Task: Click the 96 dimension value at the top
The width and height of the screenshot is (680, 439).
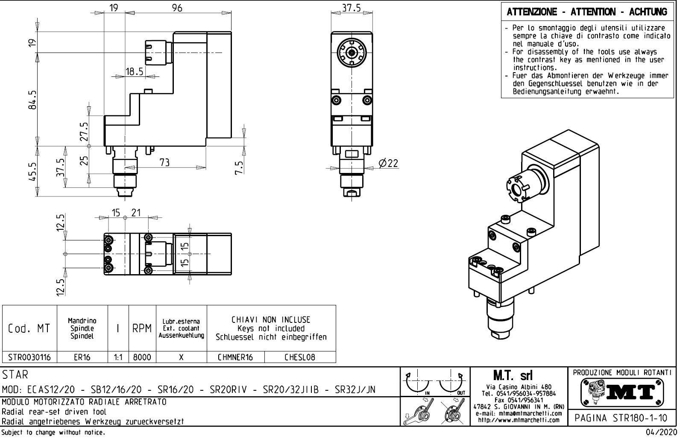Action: (x=177, y=7)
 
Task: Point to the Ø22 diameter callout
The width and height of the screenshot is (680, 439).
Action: (x=388, y=163)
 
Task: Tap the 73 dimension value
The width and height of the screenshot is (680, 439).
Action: (x=164, y=162)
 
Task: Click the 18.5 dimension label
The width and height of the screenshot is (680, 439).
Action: (x=134, y=71)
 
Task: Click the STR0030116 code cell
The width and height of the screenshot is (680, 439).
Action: (x=29, y=357)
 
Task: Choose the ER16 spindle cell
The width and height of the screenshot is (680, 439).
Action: (x=82, y=357)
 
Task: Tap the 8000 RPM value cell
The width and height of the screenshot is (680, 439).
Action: (x=142, y=357)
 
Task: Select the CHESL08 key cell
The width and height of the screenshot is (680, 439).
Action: (x=300, y=357)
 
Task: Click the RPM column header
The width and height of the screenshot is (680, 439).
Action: (x=142, y=328)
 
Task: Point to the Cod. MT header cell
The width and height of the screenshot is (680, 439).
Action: (x=29, y=328)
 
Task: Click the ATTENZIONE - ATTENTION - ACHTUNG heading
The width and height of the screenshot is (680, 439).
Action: (x=587, y=12)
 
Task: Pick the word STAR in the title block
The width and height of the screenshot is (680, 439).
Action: (x=15, y=375)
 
